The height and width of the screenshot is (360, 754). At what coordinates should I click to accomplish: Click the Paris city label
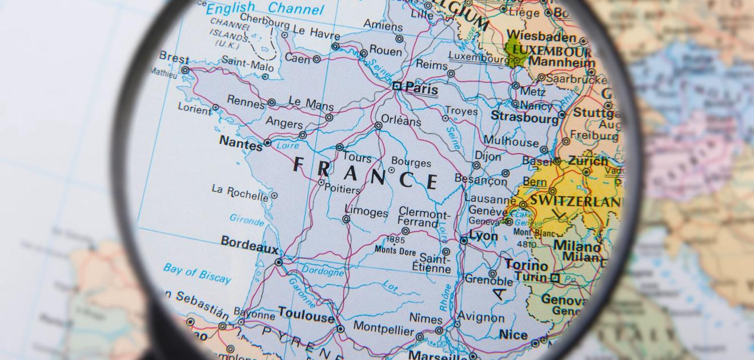point(422,89)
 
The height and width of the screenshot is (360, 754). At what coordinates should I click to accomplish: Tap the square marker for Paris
point(396,86)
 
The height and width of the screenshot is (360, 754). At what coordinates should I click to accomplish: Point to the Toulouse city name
point(306,315)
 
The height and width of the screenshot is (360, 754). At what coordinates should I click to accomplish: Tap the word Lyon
point(483,235)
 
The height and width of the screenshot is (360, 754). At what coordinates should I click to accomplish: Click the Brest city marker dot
point(185,70)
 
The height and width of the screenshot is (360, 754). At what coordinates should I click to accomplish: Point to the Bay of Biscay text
point(197,273)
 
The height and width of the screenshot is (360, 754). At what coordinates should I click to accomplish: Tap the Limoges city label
point(366,213)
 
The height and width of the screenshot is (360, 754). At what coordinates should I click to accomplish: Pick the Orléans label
point(401,121)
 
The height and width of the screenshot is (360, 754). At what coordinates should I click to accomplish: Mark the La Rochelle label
point(240,193)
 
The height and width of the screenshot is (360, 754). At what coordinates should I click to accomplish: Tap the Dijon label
point(488,155)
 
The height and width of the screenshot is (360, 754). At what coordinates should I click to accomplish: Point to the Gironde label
point(247,219)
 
